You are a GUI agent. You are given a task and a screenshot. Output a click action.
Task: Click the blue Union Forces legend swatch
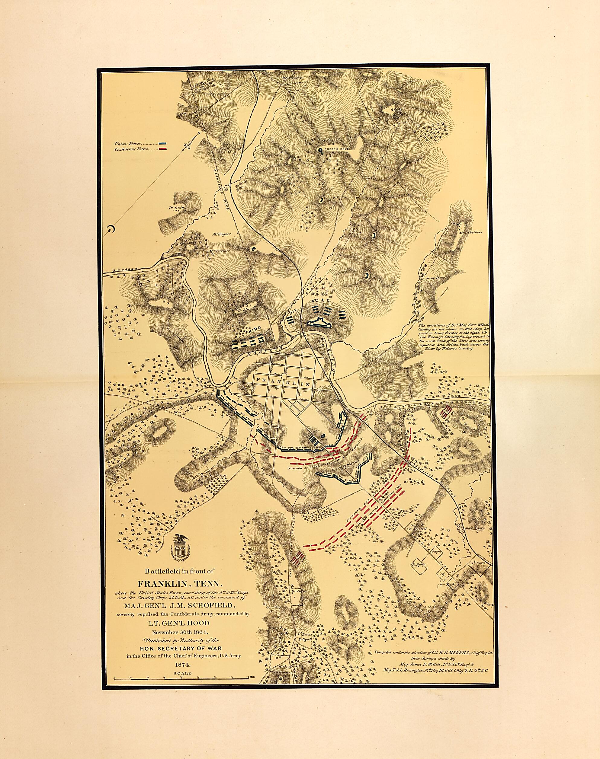(x=162, y=144)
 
